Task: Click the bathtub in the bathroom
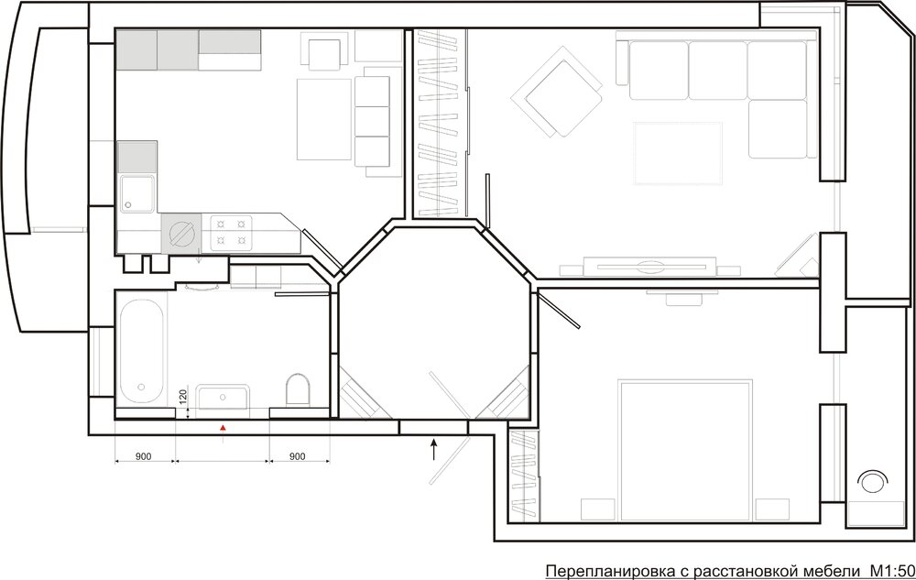point(141,351)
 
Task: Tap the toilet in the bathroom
point(298,389)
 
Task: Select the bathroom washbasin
point(223,397)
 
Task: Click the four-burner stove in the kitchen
point(232,234)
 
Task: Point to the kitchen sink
point(137,193)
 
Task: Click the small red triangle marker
point(223,429)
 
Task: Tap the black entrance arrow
point(433,450)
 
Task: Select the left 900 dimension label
point(143,456)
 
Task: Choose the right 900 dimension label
point(298,456)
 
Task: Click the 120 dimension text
point(183,397)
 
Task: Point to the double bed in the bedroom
point(685,450)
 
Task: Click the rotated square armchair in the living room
point(557,92)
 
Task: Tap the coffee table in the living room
point(678,153)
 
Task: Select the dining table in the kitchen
point(324,119)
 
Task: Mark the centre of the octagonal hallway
point(435,323)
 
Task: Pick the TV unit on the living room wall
point(650,267)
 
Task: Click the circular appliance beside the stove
point(181,234)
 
